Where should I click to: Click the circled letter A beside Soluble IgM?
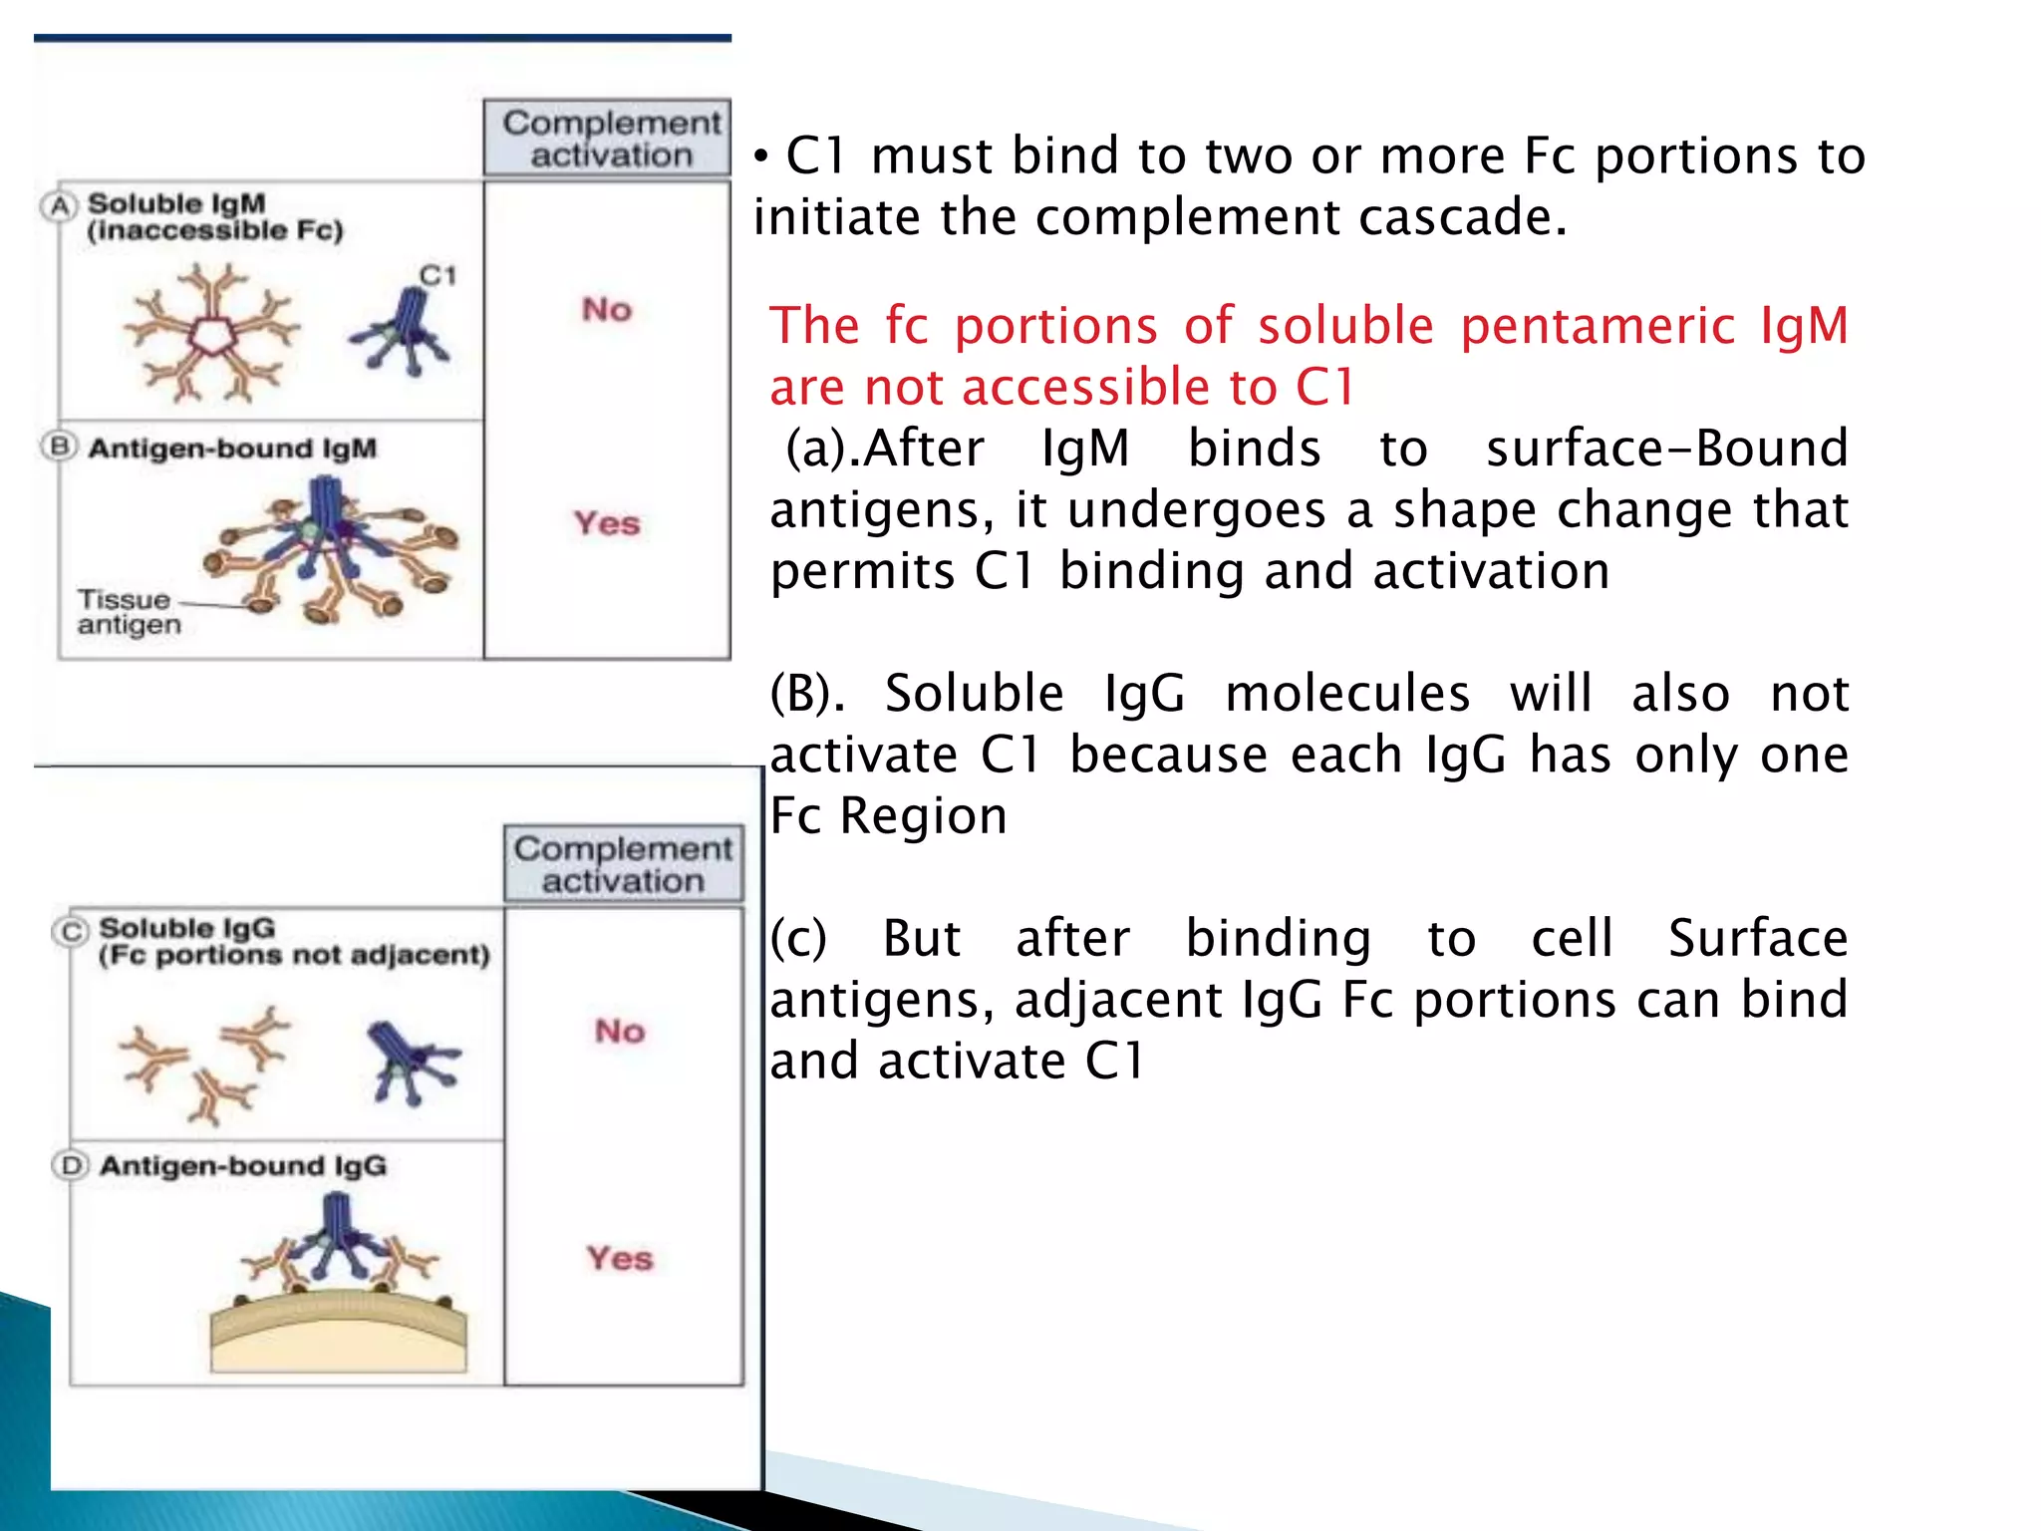click(60, 206)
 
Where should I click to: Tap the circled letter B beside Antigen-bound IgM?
click(60, 447)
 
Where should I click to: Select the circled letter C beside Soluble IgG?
click(71, 931)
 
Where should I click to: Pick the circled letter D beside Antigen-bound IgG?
click(71, 1165)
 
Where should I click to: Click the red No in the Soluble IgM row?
click(607, 309)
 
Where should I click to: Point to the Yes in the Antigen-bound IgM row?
click(607, 523)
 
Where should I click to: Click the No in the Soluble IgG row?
click(620, 1031)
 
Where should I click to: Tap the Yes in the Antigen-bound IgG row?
click(620, 1258)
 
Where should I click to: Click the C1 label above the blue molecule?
click(437, 275)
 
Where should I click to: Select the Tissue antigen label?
click(127, 612)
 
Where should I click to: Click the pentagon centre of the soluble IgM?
click(210, 335)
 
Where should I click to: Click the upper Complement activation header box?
click(608, 139)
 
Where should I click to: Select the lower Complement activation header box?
click(623, 864)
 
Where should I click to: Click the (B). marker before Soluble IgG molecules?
click(806, 693)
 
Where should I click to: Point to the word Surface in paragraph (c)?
click(1758, 938)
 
